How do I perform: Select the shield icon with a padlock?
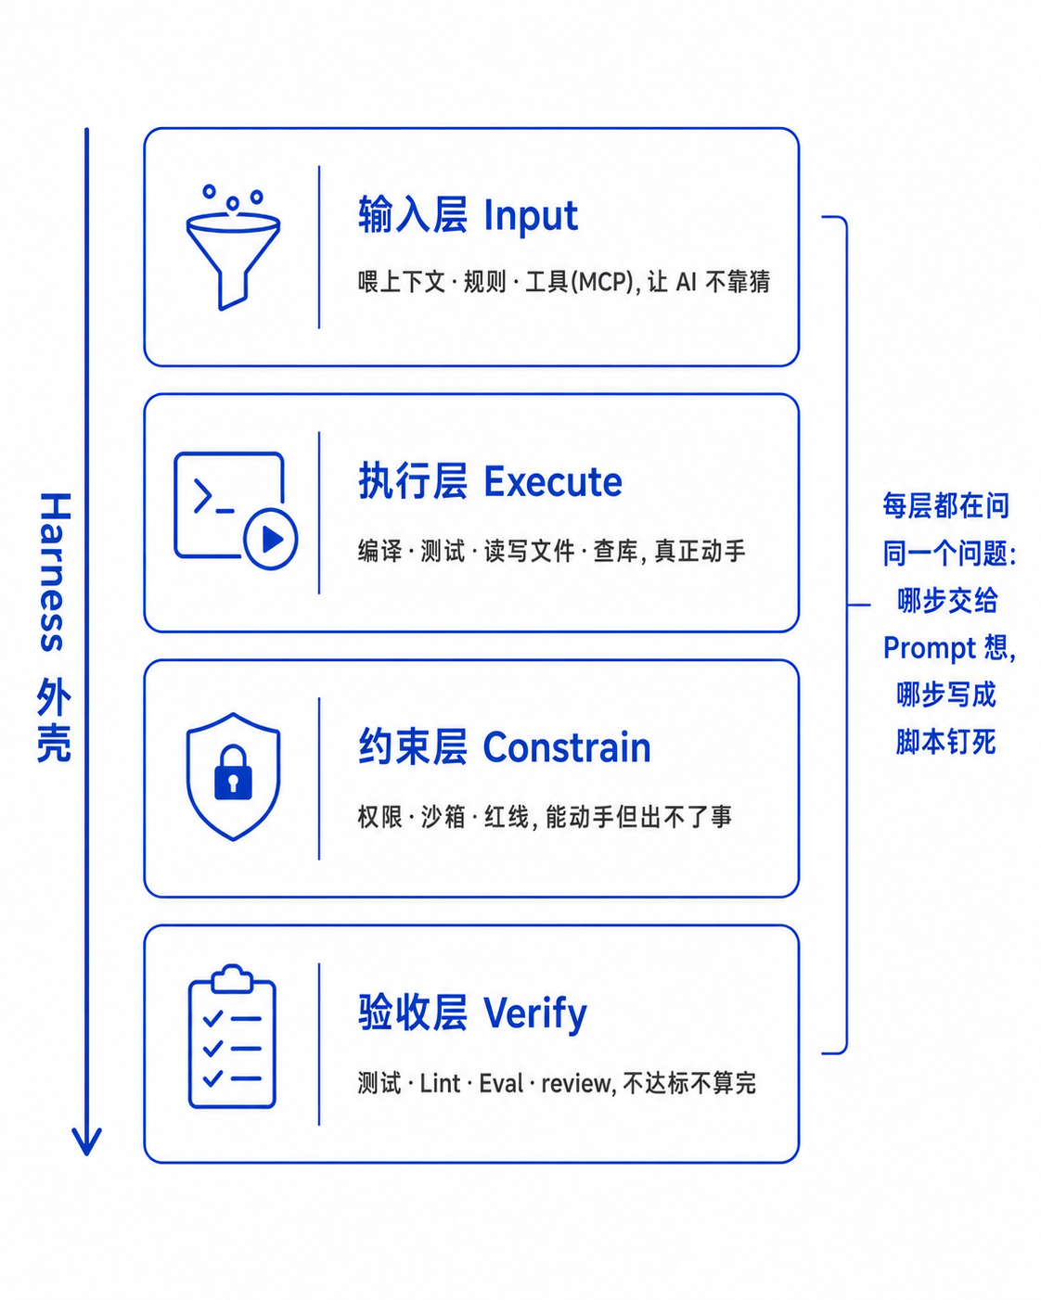233,777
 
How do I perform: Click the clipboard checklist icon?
232,1037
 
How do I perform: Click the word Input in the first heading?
531,216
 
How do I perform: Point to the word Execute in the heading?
553,482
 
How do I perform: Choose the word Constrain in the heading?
567,748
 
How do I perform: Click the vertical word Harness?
56,571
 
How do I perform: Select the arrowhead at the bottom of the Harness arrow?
86,1141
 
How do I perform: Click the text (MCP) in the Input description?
603,282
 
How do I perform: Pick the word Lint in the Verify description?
440,1084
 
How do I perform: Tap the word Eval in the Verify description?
501,1084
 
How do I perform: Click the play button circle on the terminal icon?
270,539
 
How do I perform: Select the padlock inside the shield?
233,772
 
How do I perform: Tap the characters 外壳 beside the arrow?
55,720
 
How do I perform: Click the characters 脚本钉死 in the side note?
945,743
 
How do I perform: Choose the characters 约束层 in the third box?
413,747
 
